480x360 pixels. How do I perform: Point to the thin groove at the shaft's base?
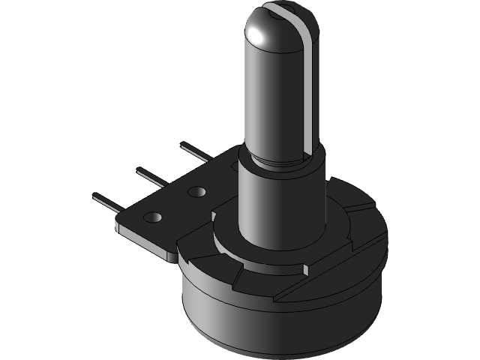pos(285,160)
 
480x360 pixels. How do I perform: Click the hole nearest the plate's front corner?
pos(152,217)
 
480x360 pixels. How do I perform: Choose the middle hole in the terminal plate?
pos(196,192)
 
